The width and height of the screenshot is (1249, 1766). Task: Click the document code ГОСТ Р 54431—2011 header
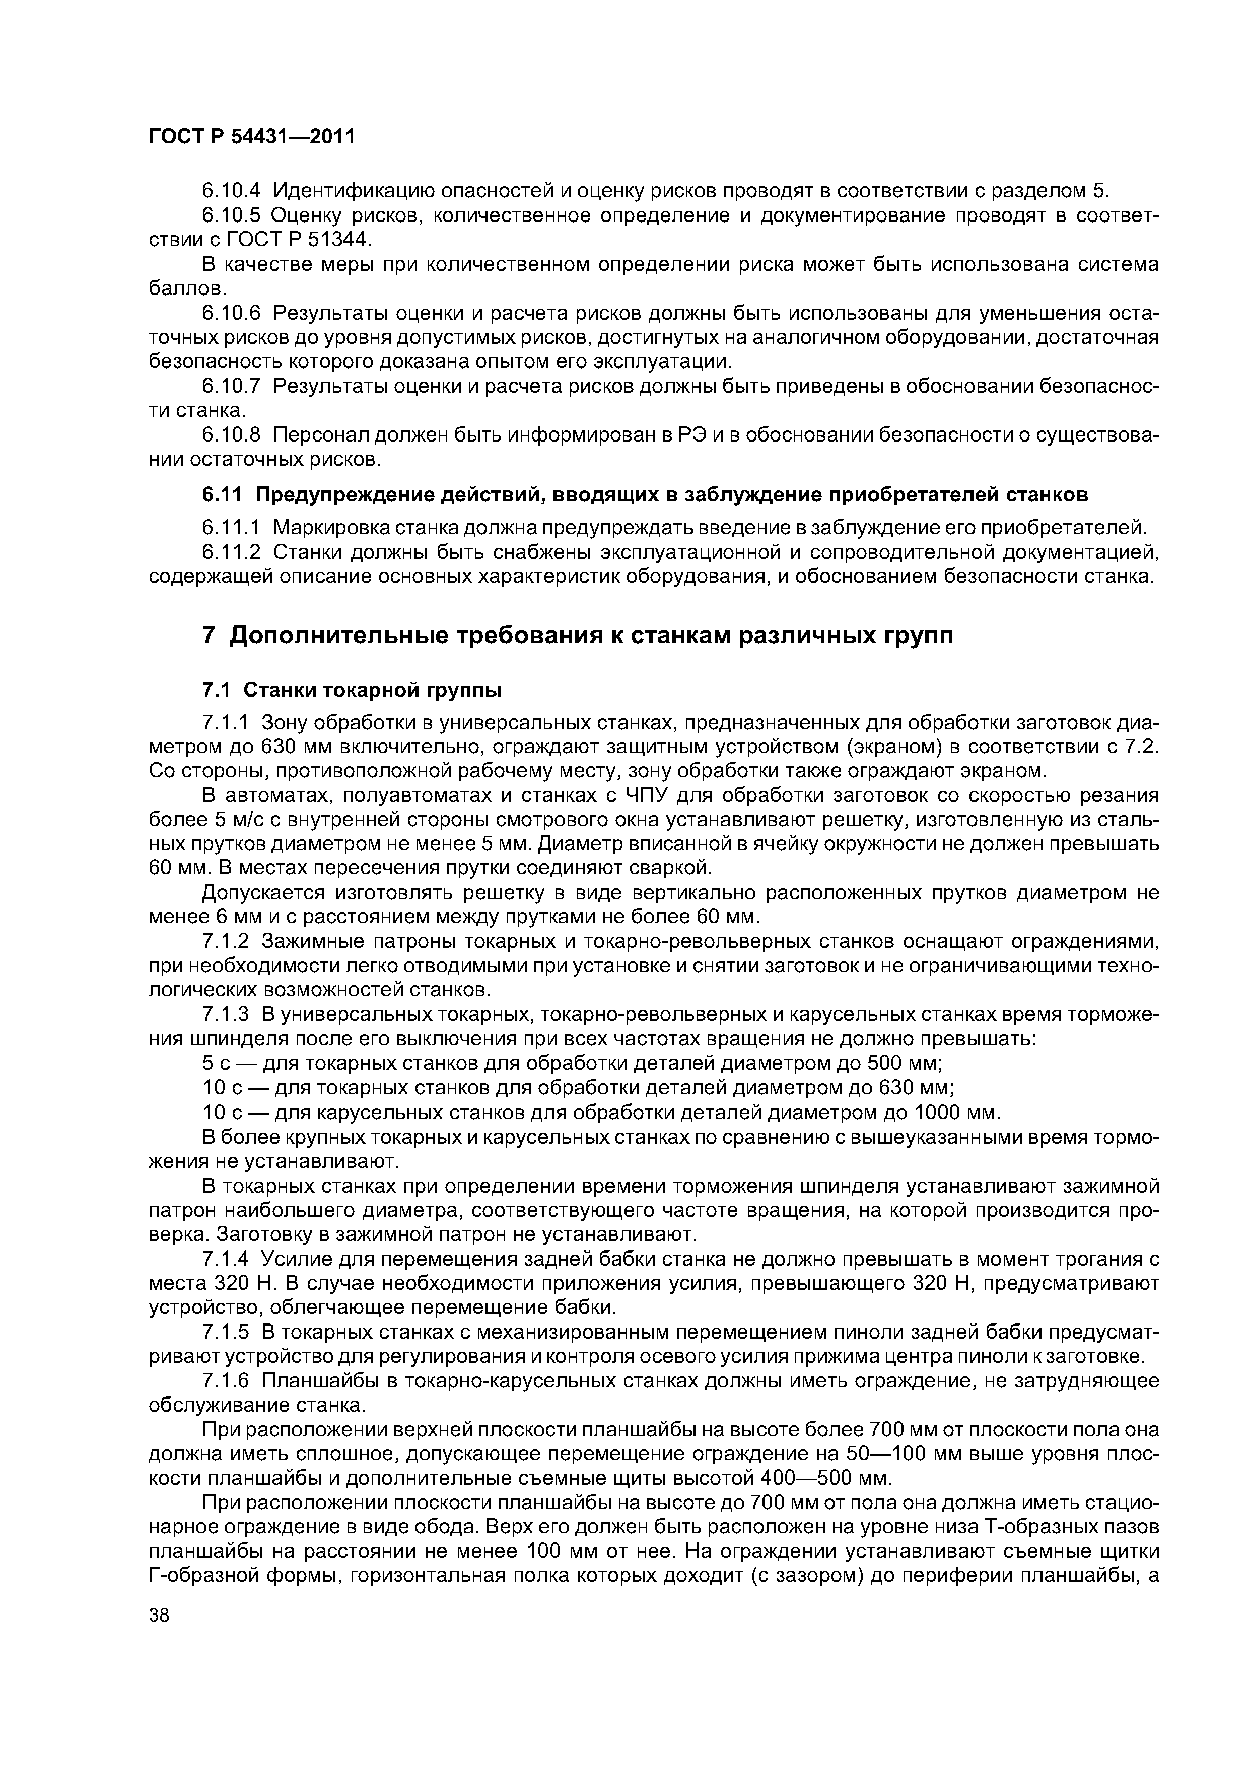click(252, 137)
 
